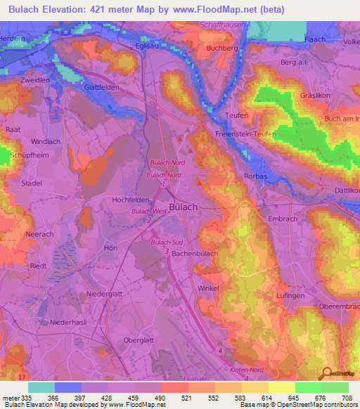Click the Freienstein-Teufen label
pos(246,134)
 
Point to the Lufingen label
pos(290,297)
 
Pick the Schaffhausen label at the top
pos(238,24)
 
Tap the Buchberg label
pos(221,48)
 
